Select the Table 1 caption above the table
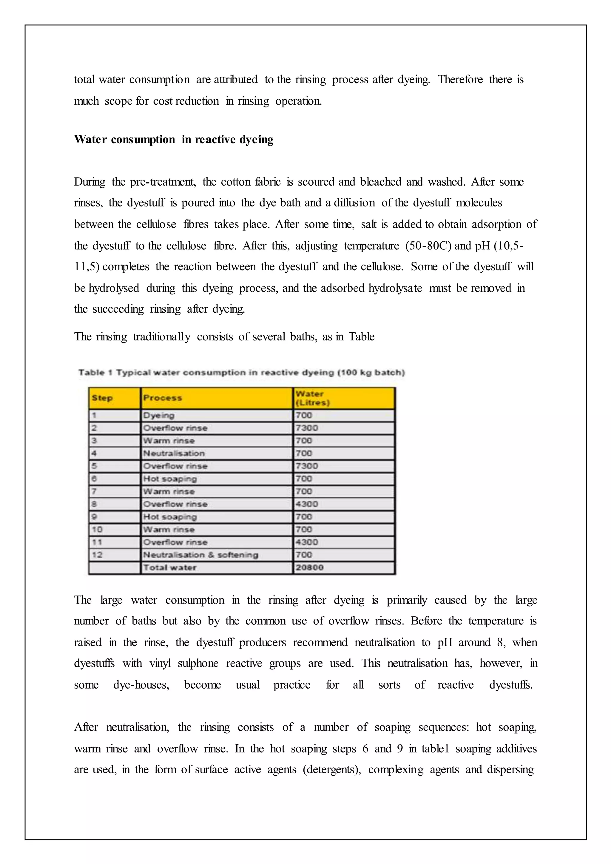tap(241, 373)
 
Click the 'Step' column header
tap(102, 398)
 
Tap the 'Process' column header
tap(163, 398)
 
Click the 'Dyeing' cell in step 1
tap(159, 416)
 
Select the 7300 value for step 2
tap(307, 428)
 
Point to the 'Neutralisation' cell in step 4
tap(174, 453)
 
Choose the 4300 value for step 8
tap(307, 504)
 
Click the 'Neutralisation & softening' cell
tap(200, 555)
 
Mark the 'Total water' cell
tap(170, 567)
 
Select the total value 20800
tap(309, 567)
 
